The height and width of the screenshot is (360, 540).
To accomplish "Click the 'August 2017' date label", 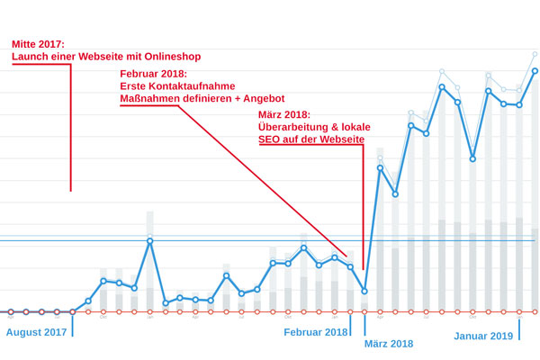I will pos(37,333).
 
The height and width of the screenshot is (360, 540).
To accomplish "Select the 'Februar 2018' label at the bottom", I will pos(316,333).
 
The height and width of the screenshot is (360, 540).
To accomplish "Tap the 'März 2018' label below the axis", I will pos(389,344).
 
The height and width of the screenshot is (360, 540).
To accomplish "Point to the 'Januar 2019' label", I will pos(483,336).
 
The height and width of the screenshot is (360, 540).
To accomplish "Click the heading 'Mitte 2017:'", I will pos(38,43).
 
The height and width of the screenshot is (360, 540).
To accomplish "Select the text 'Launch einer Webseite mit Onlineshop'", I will pos(105,57).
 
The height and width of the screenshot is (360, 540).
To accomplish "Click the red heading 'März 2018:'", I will pos(283,115).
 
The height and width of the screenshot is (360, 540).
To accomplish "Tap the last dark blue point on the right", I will pos(535,70).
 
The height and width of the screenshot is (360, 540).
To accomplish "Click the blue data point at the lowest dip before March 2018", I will pos(364,291).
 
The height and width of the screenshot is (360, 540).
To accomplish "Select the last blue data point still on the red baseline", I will pos(72,311).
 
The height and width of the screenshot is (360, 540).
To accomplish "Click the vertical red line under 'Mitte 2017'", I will pos(71,126).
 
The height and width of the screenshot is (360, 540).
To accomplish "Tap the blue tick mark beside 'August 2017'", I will pos(71,325).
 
